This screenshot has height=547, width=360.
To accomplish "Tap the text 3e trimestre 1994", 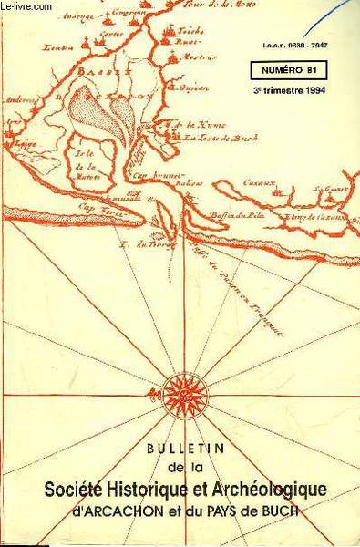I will click(x=288, y=91).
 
